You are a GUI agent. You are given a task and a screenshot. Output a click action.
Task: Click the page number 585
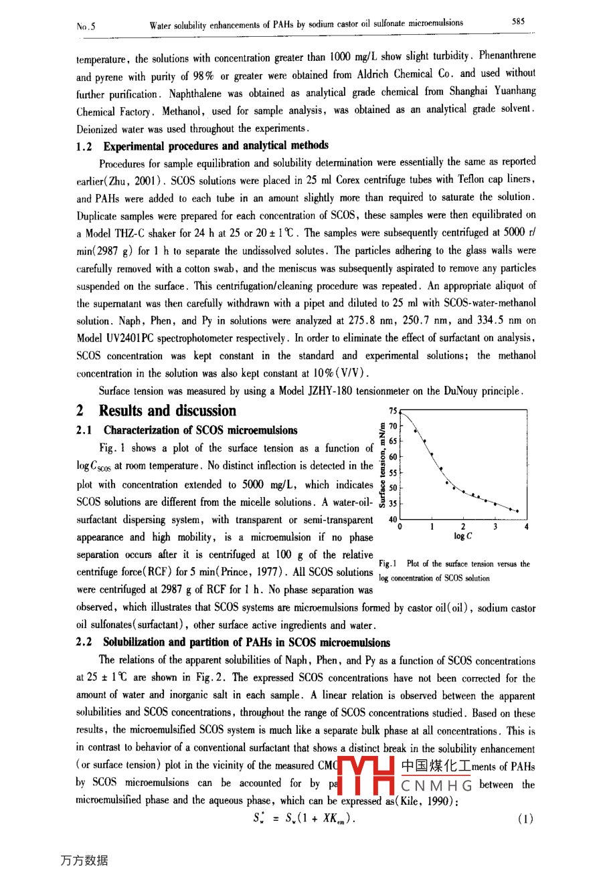coord(518,21)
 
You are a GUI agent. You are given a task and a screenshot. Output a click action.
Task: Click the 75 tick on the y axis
coord(393,411)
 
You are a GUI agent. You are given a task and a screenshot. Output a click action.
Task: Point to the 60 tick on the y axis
coord(393,457)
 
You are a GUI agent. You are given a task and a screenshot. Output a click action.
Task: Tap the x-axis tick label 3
coord(495,527)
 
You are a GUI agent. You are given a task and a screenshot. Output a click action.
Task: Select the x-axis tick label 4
coord(527,527)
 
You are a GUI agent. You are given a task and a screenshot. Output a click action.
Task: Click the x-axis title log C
coord(462,536)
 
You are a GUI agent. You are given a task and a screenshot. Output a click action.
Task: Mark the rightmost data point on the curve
coord(517,511)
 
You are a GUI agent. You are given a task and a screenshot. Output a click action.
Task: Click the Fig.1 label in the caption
coord(387,564)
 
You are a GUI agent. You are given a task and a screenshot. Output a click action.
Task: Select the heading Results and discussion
coord(167,411)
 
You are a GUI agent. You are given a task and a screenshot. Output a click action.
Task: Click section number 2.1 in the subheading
coord(84,430)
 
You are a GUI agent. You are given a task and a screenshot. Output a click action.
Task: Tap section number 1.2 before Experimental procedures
coord(84,146)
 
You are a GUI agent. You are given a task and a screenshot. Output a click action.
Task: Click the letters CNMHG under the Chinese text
coord(436,785)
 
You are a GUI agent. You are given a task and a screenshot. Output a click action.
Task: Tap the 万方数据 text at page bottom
coord(84,860)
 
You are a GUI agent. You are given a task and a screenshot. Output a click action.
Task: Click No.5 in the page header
coord(86,27)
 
